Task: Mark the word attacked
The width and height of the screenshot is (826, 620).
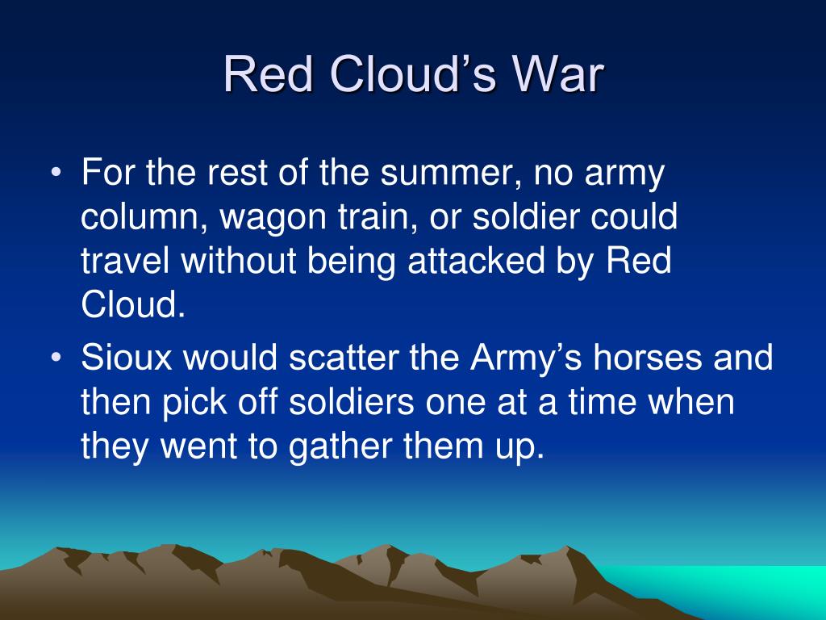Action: point(476,261)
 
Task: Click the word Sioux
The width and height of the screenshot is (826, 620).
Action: point(127,357)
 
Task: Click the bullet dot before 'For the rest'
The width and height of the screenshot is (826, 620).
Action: point(56,173)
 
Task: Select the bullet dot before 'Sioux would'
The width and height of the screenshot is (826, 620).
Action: point(56,358)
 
